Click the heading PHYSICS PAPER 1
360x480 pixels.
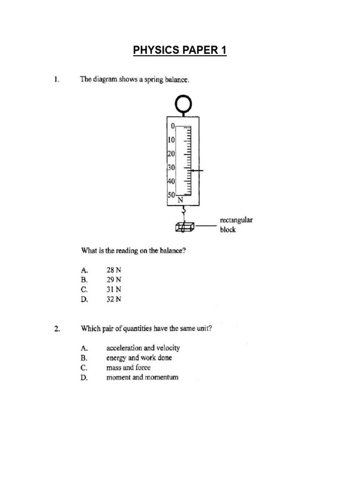[x=180, y=50]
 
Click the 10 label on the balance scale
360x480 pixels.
[x=171, y=140]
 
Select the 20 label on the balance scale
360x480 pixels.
[x=171, y=154]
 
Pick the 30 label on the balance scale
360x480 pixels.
[x=171, y=167]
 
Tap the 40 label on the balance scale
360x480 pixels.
[x=171, y=181]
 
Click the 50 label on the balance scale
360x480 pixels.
[x=171, y=194]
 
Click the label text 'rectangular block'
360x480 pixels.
[x=236, y=225]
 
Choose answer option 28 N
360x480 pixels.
[x=114, y=270]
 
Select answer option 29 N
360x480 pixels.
[x=114, y=280]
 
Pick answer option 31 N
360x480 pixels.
[x=114, y=290]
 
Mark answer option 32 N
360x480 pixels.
[x=114, y=300]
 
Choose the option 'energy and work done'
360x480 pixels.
[x=139, y=358]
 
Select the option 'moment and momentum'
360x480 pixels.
[x=142, y=377]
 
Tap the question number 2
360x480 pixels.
[x=56, y=329]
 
